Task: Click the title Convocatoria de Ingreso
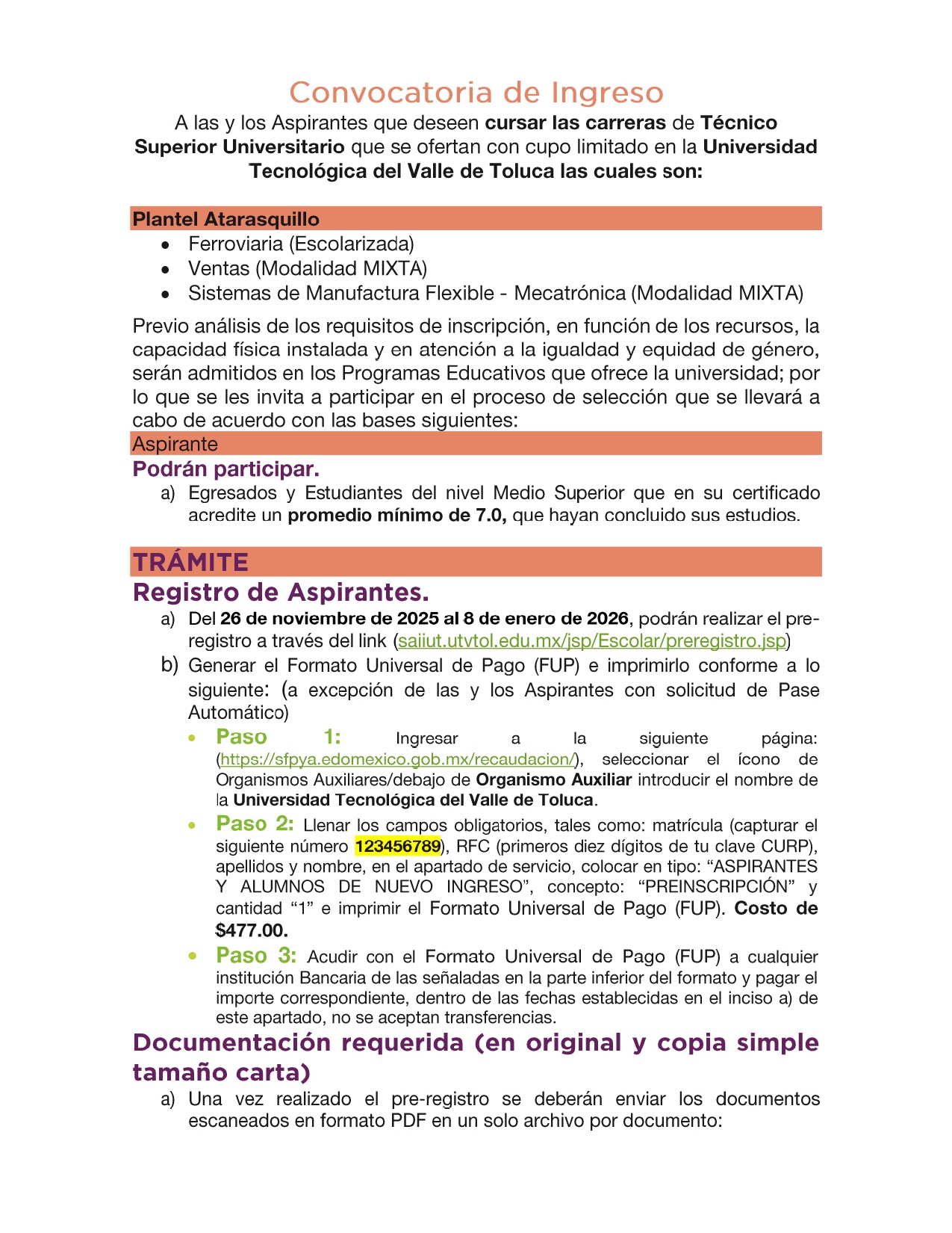point(476,93)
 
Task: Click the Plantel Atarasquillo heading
point(225,219)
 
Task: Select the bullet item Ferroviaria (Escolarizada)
point(301,244)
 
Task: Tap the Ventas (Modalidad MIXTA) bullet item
point(308,268)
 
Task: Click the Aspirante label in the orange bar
point(175,444)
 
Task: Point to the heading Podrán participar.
point(225,469)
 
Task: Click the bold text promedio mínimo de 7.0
point(396,516)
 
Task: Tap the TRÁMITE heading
point(190,562)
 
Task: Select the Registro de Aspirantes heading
point(281,593)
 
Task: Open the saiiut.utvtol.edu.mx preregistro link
point(592,641)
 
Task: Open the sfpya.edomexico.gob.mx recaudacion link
point(398,759)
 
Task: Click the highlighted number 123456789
point(397,847)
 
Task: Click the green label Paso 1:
point(278,737)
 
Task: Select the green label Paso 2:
point(255,824)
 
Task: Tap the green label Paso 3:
point(256,956)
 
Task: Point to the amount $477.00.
point(252,930)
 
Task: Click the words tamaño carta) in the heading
point(221,1072)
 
